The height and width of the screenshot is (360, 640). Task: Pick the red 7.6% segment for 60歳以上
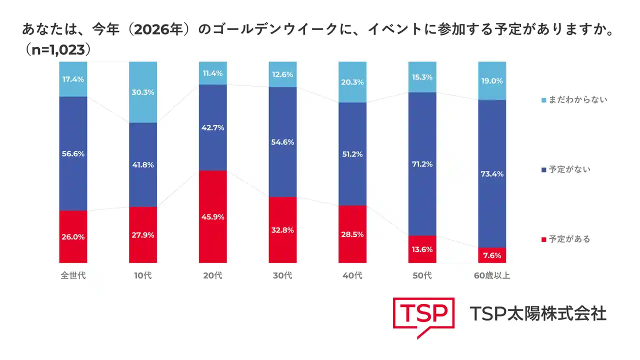[x=492, y=255]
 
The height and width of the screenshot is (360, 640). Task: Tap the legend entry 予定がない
[x=569, y=169]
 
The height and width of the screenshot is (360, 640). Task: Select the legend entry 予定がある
[x=569, y=239]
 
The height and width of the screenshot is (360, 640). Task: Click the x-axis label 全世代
[x=73, y=275]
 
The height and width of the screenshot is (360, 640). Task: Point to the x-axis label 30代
[x=282, y=275]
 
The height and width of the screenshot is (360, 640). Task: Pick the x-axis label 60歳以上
[x=492, y=275]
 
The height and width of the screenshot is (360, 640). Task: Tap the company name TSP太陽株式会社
[x=538, y=313]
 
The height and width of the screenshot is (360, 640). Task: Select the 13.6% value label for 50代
[x=422, y=249]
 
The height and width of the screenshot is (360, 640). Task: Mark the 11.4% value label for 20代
[x=212, y=73]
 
